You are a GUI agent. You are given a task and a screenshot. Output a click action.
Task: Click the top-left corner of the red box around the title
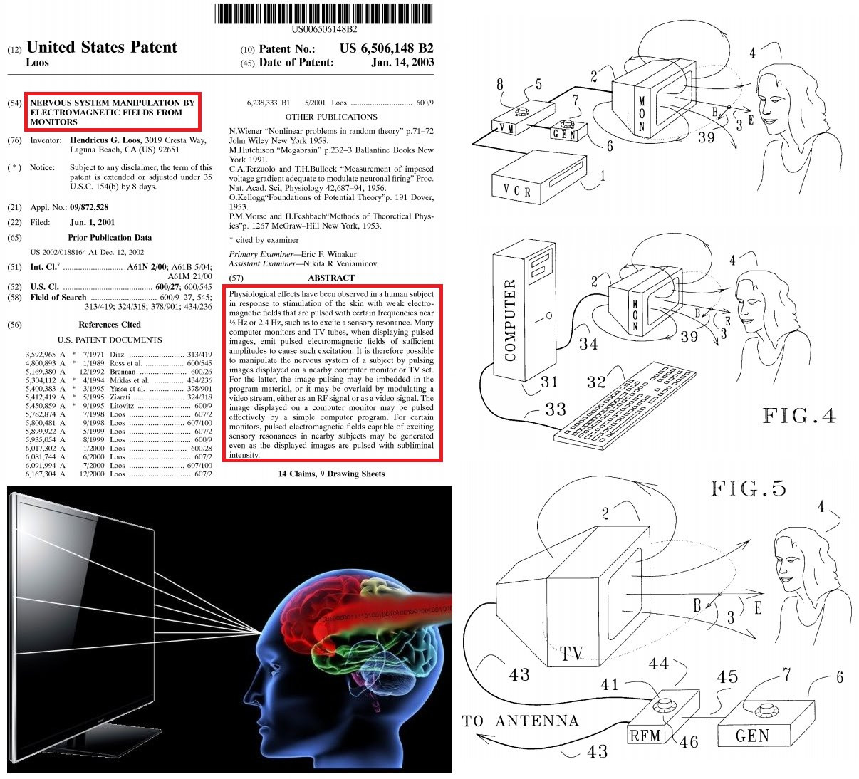coord(25,93)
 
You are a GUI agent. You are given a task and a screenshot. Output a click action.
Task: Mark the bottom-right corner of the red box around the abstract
coord(442,461)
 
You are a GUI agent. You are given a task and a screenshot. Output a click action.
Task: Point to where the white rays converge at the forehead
coord(261,632)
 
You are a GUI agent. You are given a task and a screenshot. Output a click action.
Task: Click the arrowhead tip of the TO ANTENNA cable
coord(477,736)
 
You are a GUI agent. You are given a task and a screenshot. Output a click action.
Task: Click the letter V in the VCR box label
coord(506,188)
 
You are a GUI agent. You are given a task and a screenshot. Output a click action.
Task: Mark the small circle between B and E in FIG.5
coord(720,594)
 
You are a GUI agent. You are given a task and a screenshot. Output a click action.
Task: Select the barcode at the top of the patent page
coord(323,14)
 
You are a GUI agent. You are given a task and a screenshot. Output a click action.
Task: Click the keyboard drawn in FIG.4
coord(625,407)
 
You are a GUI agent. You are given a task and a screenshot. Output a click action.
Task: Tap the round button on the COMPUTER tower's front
coord(549,315)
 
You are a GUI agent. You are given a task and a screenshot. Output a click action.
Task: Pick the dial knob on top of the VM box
coord(521,112)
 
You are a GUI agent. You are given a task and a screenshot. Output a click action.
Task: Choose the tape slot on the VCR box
coord(568,173)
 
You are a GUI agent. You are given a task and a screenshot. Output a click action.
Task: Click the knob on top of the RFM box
coord(665,704)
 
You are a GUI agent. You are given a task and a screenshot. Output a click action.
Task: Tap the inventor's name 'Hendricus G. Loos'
coord(105,140)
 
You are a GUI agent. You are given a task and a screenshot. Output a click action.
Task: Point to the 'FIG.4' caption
coord(799,415)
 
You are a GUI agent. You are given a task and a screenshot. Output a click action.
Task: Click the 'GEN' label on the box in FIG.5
coord(752,736)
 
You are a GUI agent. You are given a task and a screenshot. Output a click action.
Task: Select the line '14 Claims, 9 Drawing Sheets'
coord(331,474)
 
